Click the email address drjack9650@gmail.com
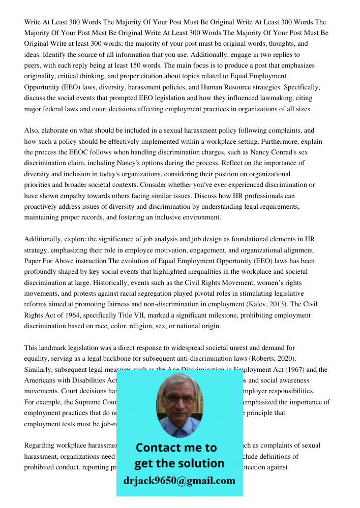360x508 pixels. pos(179,481)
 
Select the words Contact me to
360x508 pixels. pos(176,448)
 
